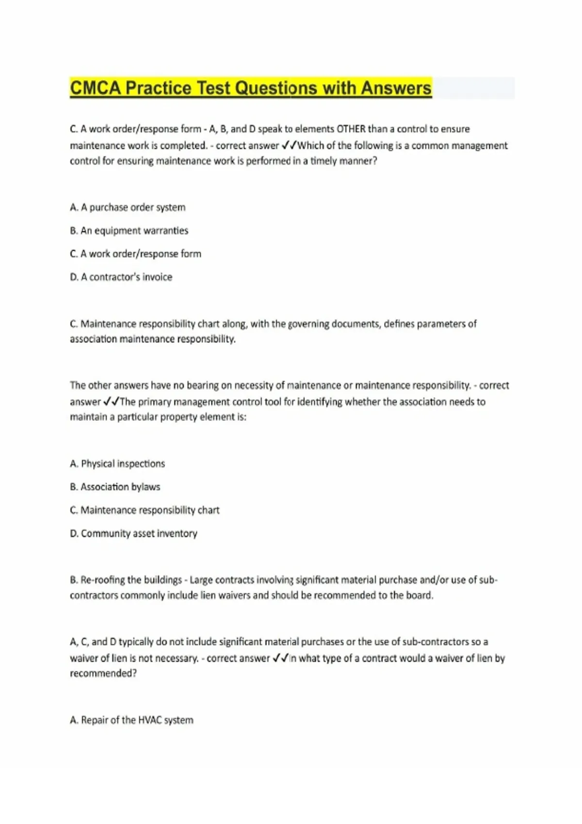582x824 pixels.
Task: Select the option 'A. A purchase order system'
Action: [x=128, y=207]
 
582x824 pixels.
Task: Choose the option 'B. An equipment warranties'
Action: [x=129, y=231]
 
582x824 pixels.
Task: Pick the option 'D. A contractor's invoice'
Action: [x=121, y=277]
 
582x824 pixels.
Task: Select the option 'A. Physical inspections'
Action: [x=117, y=464]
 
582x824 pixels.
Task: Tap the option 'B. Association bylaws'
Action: [x=115, y=487]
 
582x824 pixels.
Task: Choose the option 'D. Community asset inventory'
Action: [x=133, y=534]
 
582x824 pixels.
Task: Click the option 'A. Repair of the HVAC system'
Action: [x=131, y=720]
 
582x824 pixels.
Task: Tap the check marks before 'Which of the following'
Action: [x=289, y=145]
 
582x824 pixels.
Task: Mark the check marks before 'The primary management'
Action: [x=111, y=402]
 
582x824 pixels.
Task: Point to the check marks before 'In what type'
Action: [x=280, y=658]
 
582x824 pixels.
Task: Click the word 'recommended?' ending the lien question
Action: [x=103, y=674]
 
